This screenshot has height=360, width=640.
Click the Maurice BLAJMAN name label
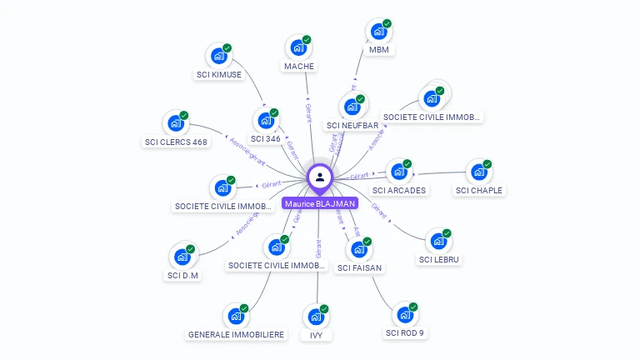pyautogui.click(x=320, y=203)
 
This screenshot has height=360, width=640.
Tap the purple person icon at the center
pyautogui.click(x=320, y=177)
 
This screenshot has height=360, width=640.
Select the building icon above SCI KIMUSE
pyautogui.click(x=219, y=56)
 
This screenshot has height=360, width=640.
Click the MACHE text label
pyautogui.click(x=299, y=66)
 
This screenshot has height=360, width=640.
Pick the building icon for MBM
pyautogui.click(x=379, y=32)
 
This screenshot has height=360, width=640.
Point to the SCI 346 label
pyautogui.click(x=266, y=138)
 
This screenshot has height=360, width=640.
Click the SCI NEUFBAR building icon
pyautogui.click(x=352, y=107)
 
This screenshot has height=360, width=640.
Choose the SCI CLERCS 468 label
pyautogui.click(x=176, y=142)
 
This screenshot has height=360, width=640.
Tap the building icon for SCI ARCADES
pyautogui.click(x=399, y=172)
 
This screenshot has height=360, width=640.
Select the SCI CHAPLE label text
pyautogui.click(x=479, y=190)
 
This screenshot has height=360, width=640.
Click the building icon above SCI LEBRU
pyautogui.click(x=439, y=241)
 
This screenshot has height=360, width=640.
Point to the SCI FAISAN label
pyautogui.click(x=359, y=267)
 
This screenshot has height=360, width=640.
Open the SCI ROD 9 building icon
pyautogui.click(x=405, y=315)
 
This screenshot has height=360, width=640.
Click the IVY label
pyautogui.click(x=316, y=334)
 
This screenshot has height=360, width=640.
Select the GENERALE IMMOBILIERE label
pyautogui.click(x=236, y=334)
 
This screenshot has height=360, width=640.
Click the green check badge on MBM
pyautogui.click(x=387, y=24)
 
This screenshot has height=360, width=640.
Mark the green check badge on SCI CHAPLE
pyautogui.click(x=487, y=164)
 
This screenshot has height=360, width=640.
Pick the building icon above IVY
pyautogui.click(x=316, y=317)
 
